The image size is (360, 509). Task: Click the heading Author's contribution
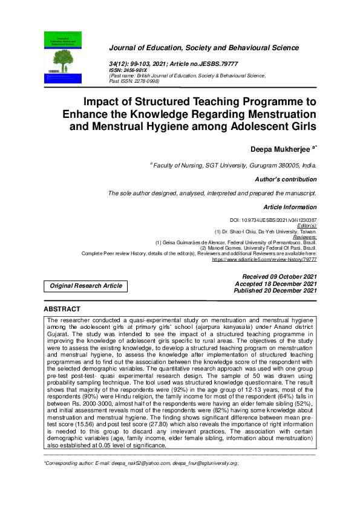[x=286, y=179]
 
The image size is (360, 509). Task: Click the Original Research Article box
[x=85, y=285]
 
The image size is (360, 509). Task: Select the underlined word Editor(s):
[x=304, y=225]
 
